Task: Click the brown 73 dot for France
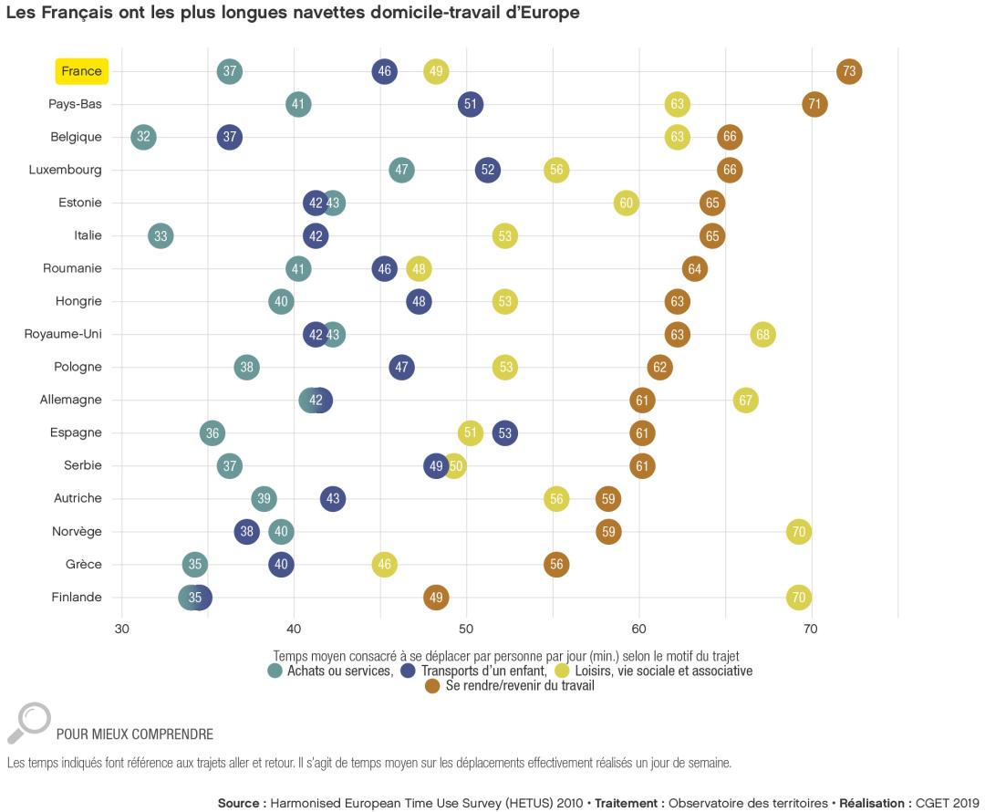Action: pos(849,71)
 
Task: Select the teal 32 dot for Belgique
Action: pos(143,137)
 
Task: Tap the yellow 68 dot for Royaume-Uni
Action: pos(763,334)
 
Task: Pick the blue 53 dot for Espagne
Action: pos(504,432)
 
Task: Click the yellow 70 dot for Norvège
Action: pos(799,532)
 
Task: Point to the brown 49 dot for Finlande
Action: pos(436,598)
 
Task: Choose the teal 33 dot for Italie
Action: pos(161,235)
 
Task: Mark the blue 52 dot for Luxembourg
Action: pos(488,170)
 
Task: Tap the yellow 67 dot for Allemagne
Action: pos(746,400)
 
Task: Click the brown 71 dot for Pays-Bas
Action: pos(815,104)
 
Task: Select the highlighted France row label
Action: pos(82,71)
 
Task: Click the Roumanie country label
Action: pos(72,268)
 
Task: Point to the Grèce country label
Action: pos(83,564)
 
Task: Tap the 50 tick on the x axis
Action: pos(466,630)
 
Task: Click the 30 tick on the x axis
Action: pos(121,630)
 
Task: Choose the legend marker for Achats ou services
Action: pos(275,671)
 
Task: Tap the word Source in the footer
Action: pos(242,803)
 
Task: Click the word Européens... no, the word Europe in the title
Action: pos(549,13)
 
